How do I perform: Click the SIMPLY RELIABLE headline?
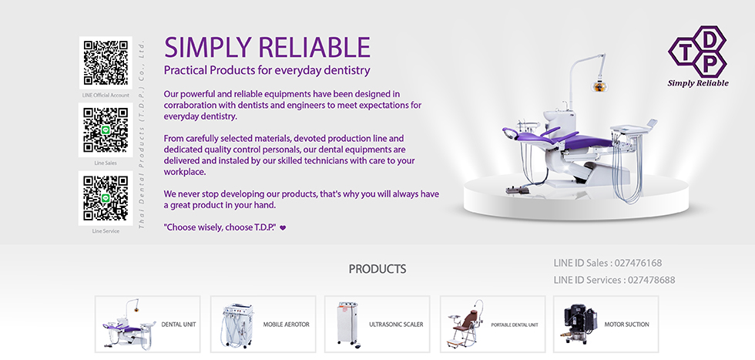pos(267,47)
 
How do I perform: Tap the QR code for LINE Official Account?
pos(106,62)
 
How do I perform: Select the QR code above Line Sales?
pos(106,130)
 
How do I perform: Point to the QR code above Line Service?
pos(106,198)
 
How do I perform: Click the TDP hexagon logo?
pos(697,52)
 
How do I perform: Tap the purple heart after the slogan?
pos(283,228)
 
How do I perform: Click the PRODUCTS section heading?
pos(377,269)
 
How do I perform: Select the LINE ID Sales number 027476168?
pos(638,263)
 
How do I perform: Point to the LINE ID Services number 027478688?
pos(652,280)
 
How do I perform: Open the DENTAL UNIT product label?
pos(179,325)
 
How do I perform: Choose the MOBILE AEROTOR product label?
pos(286,325)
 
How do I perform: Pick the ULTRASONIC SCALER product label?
pos(396,325)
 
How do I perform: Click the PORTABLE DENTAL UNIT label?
pos(515,325)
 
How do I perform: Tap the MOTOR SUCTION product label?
pos(627,325)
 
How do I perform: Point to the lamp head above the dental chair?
pos(599,87)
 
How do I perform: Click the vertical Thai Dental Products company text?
pos(142,134)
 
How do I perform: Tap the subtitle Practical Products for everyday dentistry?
pos(267,70)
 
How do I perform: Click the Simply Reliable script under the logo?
pos(698,83)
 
